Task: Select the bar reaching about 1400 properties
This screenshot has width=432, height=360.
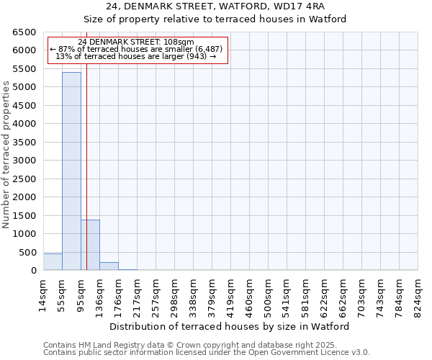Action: click(x=90, y=245)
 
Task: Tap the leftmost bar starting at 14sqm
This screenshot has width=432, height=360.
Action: click(x=53, y=262)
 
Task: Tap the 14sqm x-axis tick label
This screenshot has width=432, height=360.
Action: click(x=43, y=292)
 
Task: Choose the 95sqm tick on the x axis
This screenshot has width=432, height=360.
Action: click(x=81, y=292)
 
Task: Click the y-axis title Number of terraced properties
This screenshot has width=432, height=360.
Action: click(x=6, y=155)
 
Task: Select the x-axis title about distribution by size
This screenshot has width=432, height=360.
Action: click(x=230, y=326)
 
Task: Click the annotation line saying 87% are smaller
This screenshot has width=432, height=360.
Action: click(x=136, y=49)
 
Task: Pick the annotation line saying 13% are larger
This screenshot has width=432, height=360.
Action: click(x=136, y=56)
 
